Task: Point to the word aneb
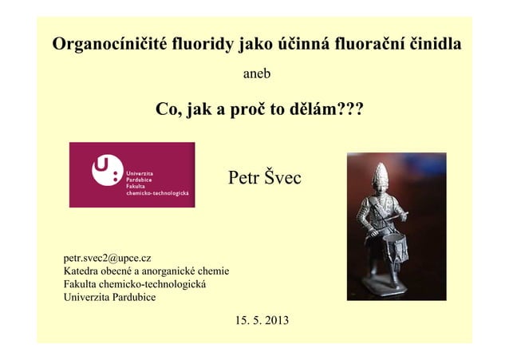256,74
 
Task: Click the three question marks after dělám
345,109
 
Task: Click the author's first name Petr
244,177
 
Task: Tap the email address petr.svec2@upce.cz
108,258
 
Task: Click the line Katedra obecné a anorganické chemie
146,271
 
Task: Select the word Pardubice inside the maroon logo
140,180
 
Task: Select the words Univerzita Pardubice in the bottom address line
109,298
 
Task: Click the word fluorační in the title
361,44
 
